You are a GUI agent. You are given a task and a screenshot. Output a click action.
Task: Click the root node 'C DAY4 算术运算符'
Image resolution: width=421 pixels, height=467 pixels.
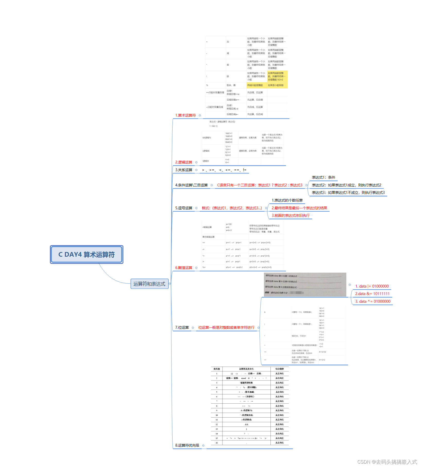[87, 255]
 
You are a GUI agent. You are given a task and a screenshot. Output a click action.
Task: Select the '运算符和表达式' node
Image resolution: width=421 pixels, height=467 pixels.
[149, 284]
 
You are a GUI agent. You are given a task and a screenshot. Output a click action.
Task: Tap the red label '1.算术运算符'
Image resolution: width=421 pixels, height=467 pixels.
[185, 115]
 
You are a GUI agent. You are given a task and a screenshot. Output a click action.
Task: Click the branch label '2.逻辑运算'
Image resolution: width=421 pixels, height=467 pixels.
[184, 162]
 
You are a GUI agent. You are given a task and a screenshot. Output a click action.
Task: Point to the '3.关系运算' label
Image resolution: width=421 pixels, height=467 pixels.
[184, 170]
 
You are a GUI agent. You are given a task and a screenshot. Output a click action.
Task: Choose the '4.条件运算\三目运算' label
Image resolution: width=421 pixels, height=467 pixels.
[191, 185]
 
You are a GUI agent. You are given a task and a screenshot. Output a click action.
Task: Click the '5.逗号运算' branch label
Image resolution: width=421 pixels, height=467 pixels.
[184, 208]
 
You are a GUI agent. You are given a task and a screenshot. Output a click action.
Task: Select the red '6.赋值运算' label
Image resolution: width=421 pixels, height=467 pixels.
[184, 268]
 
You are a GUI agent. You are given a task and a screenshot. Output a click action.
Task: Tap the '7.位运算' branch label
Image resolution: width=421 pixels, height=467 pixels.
[182, 327]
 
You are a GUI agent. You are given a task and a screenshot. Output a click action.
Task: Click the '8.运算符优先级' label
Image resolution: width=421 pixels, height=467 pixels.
[187, 445]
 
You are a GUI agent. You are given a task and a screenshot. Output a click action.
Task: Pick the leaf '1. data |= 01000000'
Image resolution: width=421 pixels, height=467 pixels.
[372, 286]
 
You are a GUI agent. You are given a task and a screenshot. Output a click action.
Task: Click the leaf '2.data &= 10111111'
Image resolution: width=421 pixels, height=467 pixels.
[372, 294]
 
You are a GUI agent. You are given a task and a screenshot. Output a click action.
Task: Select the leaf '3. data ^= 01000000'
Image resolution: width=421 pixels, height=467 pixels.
[373, 301]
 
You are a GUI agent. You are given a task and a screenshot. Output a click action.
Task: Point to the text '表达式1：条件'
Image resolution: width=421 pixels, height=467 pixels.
[323, 177]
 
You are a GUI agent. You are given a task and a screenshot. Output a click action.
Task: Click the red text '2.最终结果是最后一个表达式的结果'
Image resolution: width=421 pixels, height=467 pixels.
[299, 208]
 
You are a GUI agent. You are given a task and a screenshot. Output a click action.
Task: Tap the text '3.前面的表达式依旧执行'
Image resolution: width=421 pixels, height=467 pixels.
[290, 215]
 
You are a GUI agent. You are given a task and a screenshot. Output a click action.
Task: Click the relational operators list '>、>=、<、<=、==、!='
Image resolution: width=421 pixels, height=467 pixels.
[224, 170]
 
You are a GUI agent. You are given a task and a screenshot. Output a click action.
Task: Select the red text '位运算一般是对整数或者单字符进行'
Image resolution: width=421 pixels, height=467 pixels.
[226, 327]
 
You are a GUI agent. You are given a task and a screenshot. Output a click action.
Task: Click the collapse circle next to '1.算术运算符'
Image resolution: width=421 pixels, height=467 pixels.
[200, 115]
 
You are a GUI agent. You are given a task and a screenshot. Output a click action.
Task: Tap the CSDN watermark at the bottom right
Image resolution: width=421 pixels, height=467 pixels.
[387, 462]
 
